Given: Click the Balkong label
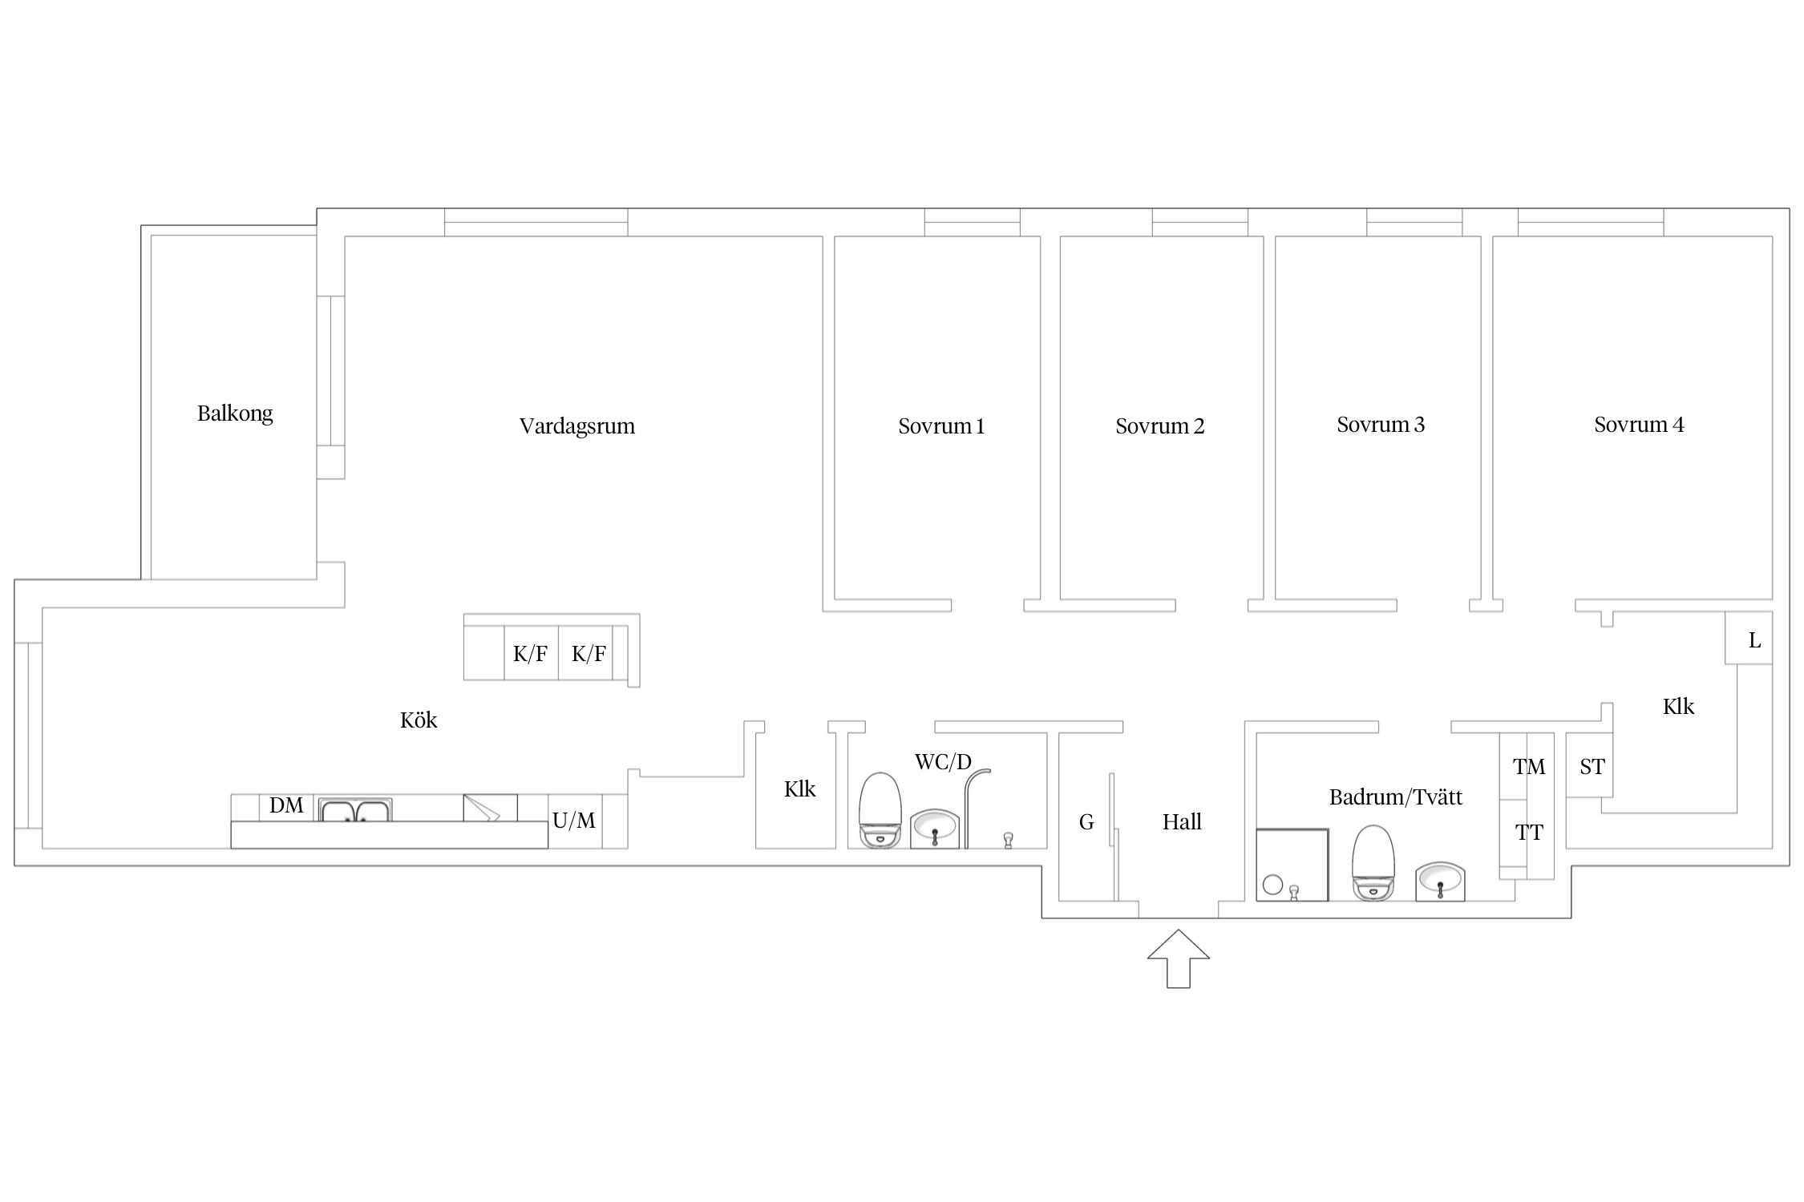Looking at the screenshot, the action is pyautogui.click(x=235, y=413).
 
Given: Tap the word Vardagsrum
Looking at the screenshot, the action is pyautogui.click(x=577, y=426).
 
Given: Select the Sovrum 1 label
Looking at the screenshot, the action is pyautogui.click(x=941, y=426).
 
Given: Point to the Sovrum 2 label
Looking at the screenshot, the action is pyautogui.click(x=1160, y=426).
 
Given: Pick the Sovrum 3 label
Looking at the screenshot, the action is pyautogui.click(x=1381, y=425).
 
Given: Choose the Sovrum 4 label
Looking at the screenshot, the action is pyautogui.click(x=1639, y=425).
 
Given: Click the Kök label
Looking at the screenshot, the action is pyautogui.click(x=419, y=720).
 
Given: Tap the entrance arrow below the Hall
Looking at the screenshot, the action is pyautogui.click(x=1178, y=958).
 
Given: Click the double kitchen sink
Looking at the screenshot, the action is pyautogui.click(x=355, y=810).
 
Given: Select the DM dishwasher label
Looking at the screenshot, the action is pyautogui.click(x=286, y=805).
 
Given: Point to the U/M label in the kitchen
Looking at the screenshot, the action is pyautogui.click(x=574, y=821).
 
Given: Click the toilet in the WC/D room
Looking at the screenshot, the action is pyautogui.click(x=880, y=810).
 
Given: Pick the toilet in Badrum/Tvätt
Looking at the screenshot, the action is pyautogui.click(x=1373, y=863).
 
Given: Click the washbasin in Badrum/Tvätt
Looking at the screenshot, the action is pyautogui.click(x=1440, y=881).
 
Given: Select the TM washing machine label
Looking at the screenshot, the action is pyautogui.click(x=1529, y=767).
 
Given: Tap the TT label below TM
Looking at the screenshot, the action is pyautogui.click(x=1529, y=833).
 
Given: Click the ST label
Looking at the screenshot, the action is pyautogui.click(x=1592, y=767).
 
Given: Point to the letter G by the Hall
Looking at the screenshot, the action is pyautogui.click(x=1086, y=822).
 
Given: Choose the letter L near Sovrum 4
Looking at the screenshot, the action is pyautogui.click(x=1754, y=640).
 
